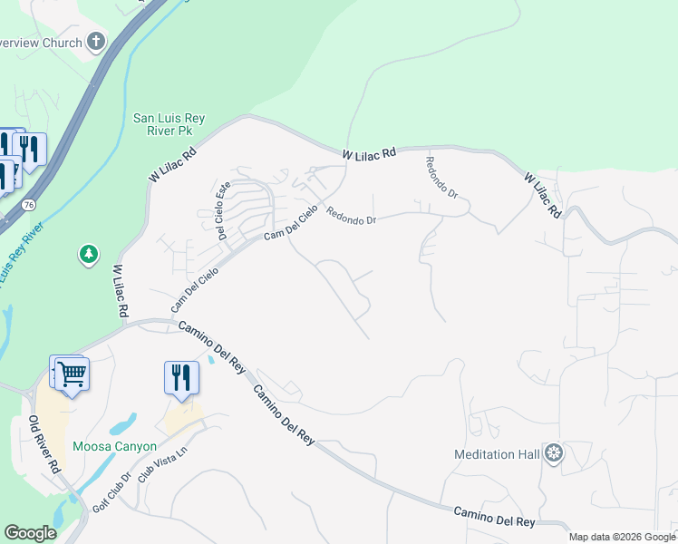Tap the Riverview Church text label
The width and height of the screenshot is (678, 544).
[41, 42]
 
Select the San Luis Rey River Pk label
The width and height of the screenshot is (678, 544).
[163, 124]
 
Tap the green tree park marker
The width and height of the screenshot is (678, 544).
[89, 255]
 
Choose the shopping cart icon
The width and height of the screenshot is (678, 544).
[72, 374]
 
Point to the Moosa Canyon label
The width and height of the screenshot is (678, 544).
[115, 447]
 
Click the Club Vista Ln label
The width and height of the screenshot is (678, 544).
[156, 487]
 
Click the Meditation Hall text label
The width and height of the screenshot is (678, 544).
[498, 453]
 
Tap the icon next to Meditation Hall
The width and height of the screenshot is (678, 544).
[554, 453]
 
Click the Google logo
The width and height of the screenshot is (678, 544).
[30, 533]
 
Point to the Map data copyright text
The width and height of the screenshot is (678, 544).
[622, 537]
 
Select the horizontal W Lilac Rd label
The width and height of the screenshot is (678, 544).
[370, 155]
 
